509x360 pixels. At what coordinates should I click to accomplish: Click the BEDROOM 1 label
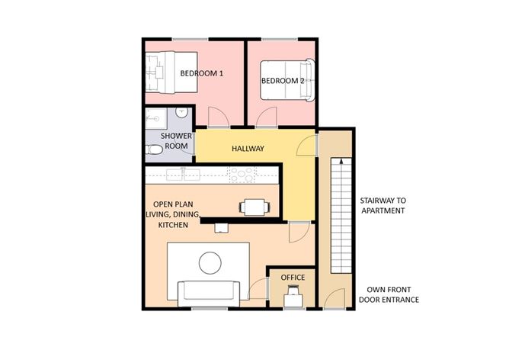(x=201, y=73)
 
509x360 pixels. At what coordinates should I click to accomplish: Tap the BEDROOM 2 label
(x=283, y=81)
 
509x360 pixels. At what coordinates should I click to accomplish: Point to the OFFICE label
(x=293, y=278)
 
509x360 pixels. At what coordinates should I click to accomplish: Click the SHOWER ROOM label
(x=174, y=140)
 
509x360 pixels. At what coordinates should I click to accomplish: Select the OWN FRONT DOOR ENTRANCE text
(x=389, y=295)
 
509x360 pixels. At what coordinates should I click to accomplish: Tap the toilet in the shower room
(x=155, y=148)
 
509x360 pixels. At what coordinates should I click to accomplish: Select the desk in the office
(x=293, y=299)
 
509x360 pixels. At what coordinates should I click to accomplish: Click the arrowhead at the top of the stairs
(x=341, y=162)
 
